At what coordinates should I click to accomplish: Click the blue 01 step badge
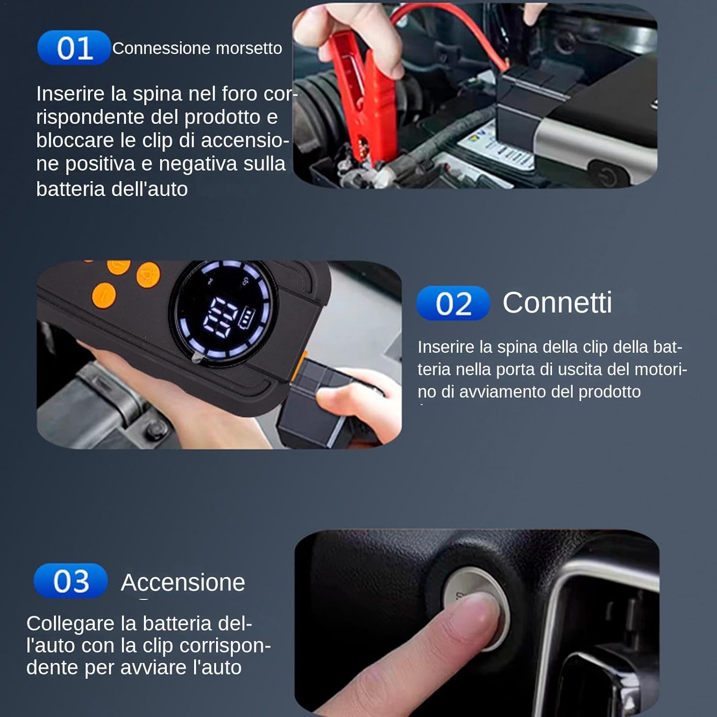[74, 47]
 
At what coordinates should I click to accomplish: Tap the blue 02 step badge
[453, 303]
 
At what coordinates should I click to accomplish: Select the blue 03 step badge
[71, 581]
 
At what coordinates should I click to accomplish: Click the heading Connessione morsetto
[197, 48]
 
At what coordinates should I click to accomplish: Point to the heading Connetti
[557, 303]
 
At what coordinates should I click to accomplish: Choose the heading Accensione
[183, 582]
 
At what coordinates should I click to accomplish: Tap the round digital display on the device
[225, 313]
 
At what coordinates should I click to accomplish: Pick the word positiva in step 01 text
[100, 164]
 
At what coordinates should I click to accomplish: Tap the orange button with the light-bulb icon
[148, 275]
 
